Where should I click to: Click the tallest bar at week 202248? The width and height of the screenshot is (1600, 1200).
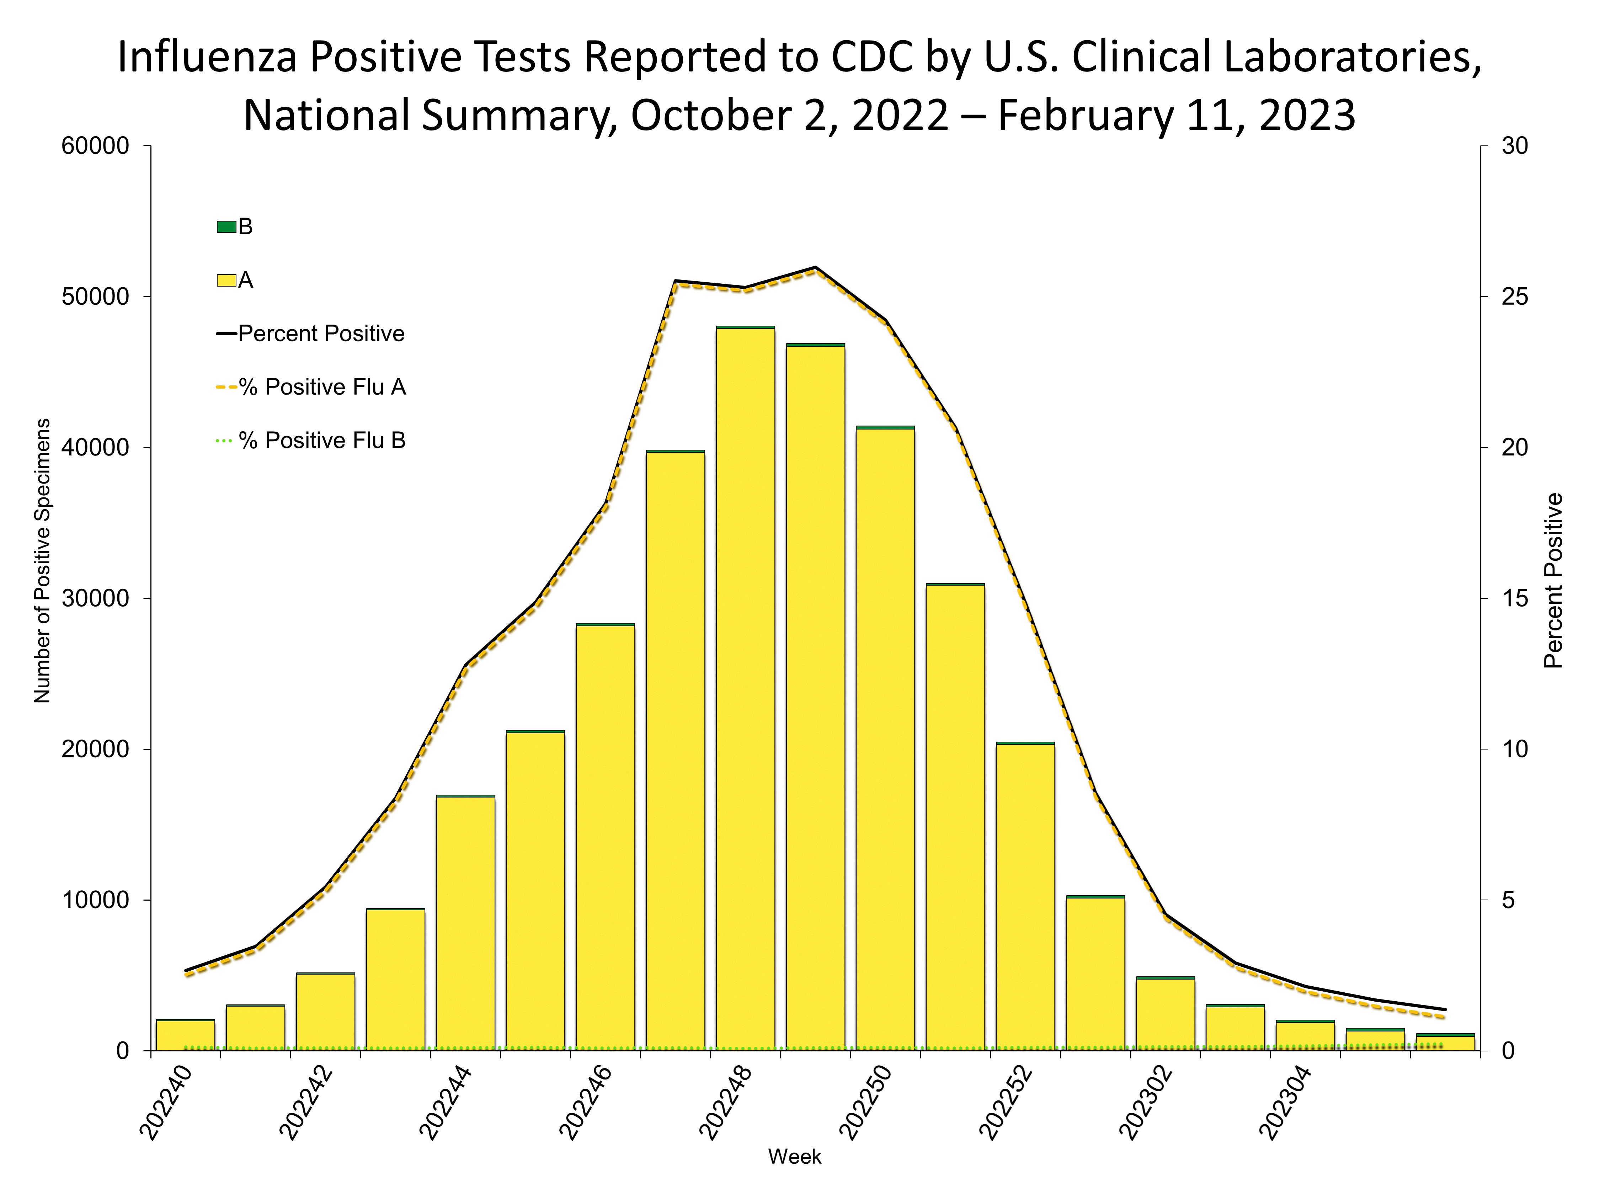[745, 687]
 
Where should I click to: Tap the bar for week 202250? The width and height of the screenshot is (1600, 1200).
[885, 738]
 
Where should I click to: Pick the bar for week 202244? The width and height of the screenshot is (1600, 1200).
[465, 922]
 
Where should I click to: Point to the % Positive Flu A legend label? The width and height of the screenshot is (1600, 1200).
[322, 387]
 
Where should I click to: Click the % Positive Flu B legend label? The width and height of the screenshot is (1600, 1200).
[322, 441]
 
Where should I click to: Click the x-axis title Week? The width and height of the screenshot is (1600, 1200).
[794, 1157]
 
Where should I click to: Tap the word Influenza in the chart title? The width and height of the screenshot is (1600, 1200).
[206, 57]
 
